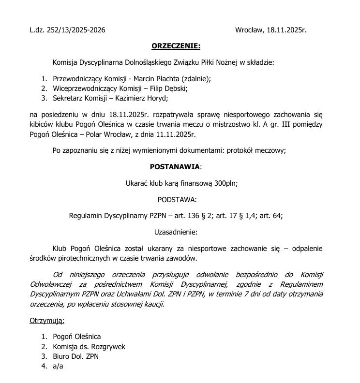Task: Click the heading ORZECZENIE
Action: point(176,46)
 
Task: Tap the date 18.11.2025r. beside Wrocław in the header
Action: point(286,30)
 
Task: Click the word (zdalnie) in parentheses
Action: point(195,78)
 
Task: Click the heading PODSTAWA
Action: point(177,199)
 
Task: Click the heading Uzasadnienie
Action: point(176,232)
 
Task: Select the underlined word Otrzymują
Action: point(47,321)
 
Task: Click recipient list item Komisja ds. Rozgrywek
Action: point(90,346)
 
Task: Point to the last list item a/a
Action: point(58,366)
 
